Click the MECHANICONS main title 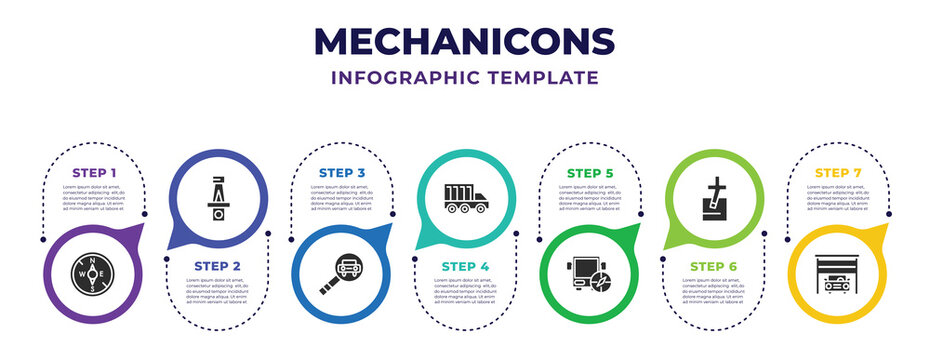[465, 41]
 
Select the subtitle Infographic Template [465, 77]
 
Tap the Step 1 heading [94, 173]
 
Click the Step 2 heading [218, 265]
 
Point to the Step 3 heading [342, 173]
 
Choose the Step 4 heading [466, 265]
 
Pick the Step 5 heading [590, 173]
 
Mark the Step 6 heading [714, 265]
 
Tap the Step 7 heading [838, 173]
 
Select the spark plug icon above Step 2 [218, 200]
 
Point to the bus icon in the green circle [590, 274]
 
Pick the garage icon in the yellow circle [838, 273]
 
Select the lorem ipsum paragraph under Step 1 [94, 199]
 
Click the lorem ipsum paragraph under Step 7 [838, 199]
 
